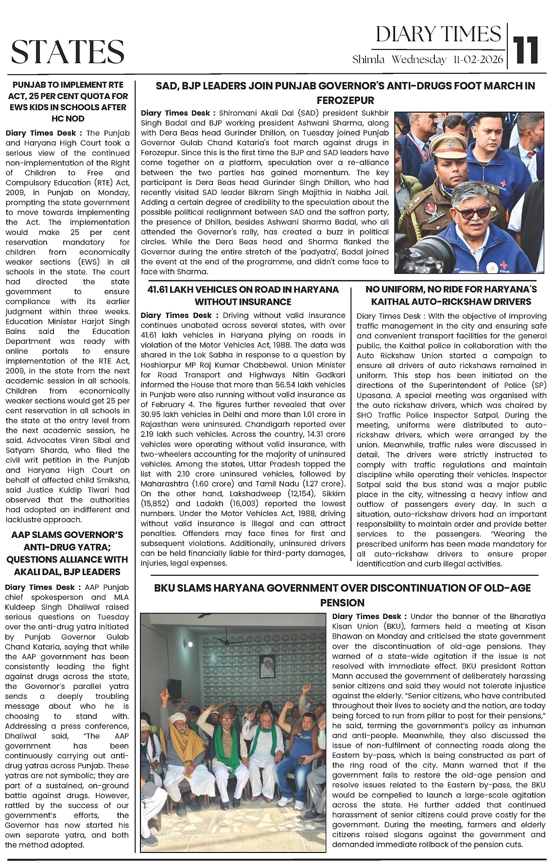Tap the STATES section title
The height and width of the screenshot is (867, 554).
(68, 52)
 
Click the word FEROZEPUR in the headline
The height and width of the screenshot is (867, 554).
(345, 100)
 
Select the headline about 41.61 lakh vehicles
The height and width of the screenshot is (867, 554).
(243, 296)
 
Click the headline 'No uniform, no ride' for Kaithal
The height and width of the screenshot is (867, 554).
(451, 296)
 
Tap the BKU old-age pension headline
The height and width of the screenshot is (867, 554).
(342, 588)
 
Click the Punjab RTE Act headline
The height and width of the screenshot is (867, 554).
(68, 101)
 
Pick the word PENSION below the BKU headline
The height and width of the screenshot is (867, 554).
(342, 603)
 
